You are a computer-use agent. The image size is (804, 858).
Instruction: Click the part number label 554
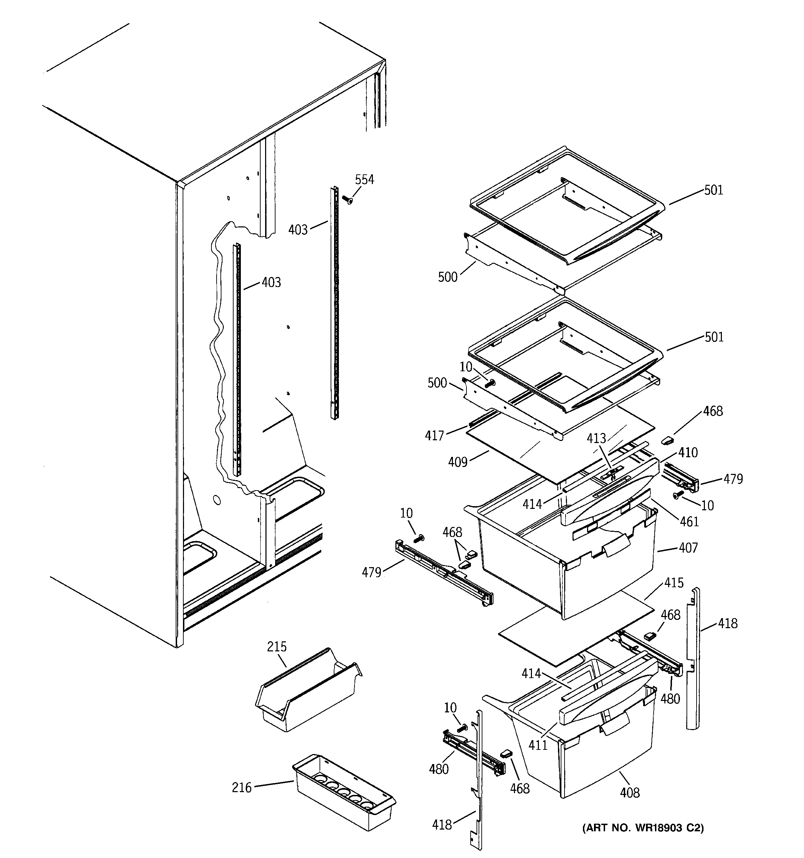tap(364, 180)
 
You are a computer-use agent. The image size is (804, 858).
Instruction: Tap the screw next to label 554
tap(347, 200)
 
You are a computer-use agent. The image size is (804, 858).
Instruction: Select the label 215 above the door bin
tap(277, 647)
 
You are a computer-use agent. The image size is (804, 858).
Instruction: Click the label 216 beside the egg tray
tap(242, 788)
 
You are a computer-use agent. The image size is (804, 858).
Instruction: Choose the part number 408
tap(630, 792)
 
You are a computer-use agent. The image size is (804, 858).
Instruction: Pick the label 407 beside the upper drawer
tap(688, 548)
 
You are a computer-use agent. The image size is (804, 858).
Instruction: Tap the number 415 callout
tap(674, 583)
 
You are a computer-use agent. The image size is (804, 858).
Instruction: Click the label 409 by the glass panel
tap(457, 462)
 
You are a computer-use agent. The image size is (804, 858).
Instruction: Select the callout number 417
tap(434, 436)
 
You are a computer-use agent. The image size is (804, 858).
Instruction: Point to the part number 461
tap(689, 522)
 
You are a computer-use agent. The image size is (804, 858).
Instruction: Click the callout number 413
tap(596, 439)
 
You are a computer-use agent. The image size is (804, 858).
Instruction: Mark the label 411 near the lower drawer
tap(538, 745)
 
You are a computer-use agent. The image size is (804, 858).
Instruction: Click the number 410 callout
tap(688, 452)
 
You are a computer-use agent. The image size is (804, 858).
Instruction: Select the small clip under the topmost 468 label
tap(667, 440)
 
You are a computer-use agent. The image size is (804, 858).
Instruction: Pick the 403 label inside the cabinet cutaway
tap(271, 282)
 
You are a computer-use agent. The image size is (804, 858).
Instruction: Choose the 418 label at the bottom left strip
tap(442, 825)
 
